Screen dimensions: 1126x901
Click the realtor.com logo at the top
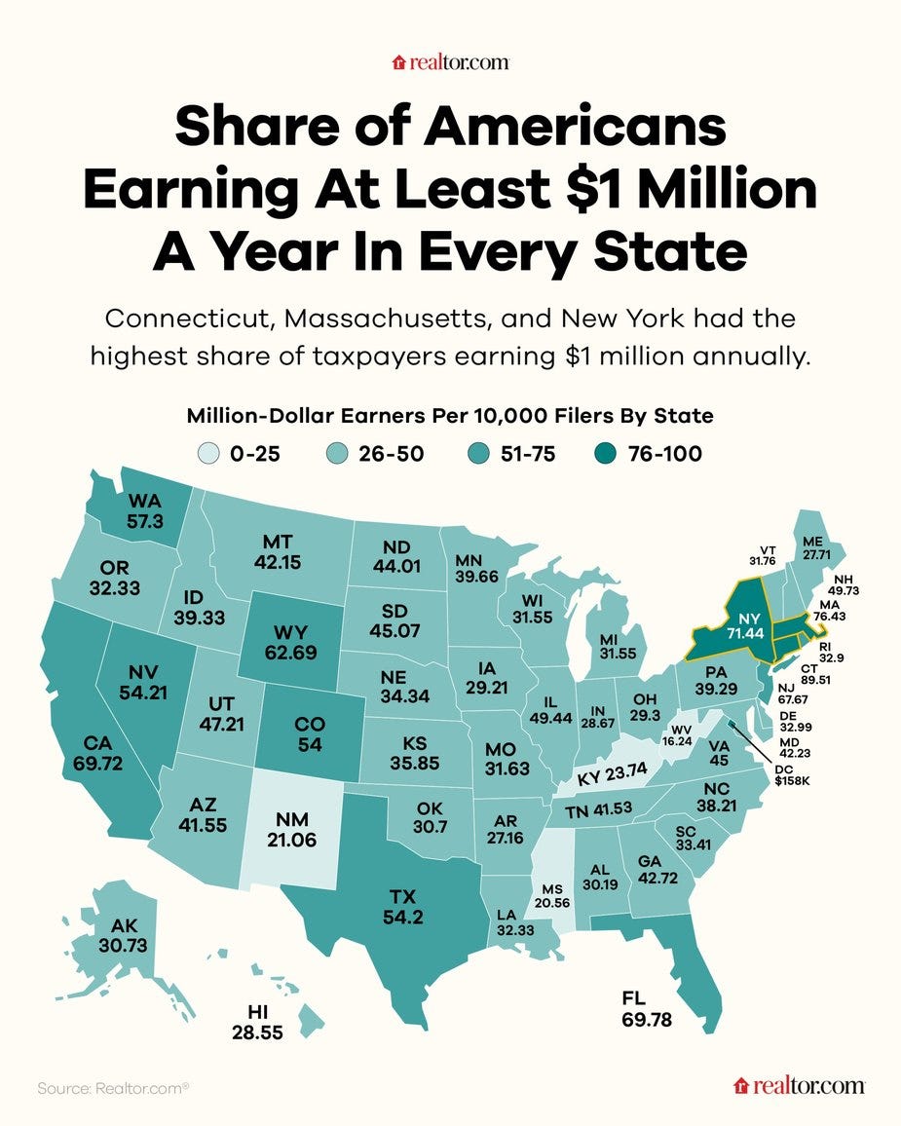(450, 63)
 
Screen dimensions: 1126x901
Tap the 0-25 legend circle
(207, 453)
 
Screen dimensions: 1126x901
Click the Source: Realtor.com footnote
(113, 1087)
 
